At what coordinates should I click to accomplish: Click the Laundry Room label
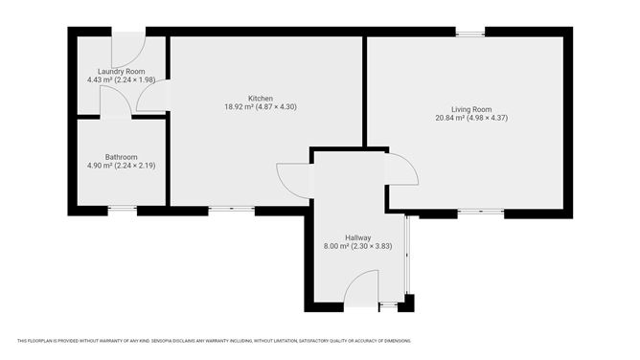114,72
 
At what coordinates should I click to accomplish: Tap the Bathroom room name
121,157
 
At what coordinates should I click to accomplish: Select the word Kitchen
261,99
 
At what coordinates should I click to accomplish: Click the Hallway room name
358,237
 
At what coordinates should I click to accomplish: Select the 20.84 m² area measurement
449,117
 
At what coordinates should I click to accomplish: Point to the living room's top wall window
469,34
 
